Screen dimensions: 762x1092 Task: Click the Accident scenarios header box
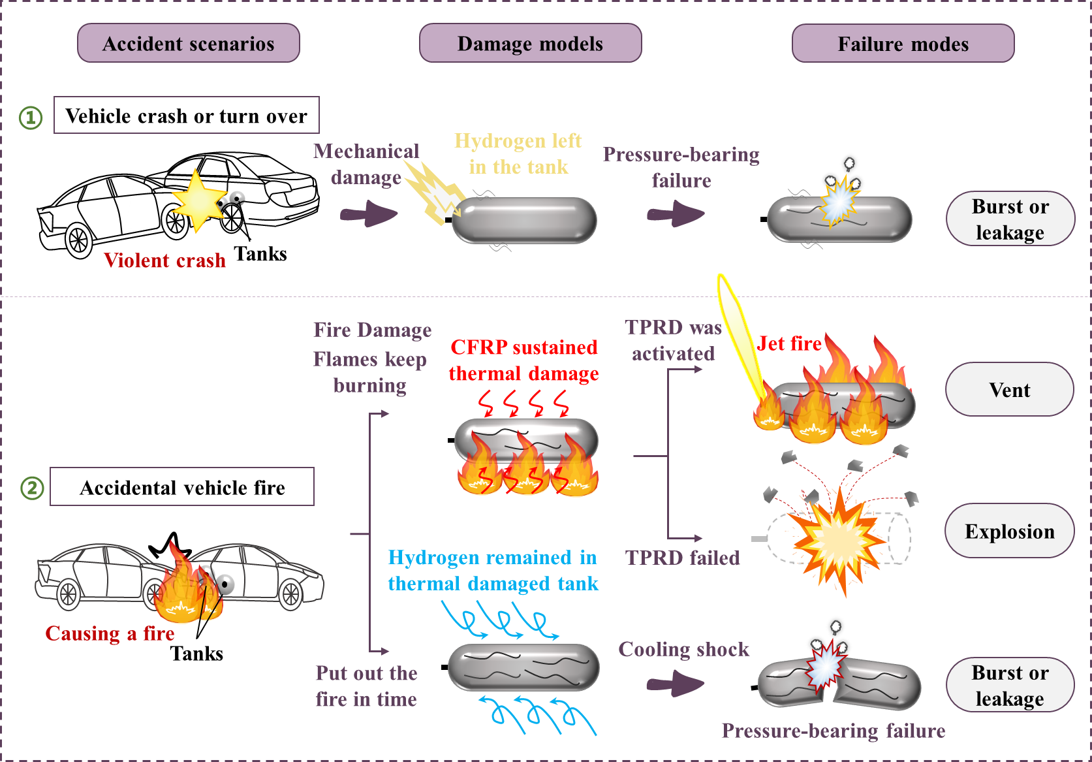(x=189, y=43)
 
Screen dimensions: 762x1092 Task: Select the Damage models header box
(x=530, y=43)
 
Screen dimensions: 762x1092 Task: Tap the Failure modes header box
(x=903, y=44)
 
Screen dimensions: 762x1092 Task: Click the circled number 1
(x=30, y=118)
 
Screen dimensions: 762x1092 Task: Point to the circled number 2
(x=32, y=488)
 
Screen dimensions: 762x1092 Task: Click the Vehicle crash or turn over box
(x=186, y=116)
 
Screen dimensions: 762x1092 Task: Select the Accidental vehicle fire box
(x=182, y=487)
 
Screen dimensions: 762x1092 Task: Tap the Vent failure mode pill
(x=1009, y=390)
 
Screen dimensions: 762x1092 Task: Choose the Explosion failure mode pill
(x=1009, y=531)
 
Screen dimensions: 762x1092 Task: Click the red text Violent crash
(x=164, y=261)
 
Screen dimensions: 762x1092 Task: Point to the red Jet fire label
(x=789, y=343)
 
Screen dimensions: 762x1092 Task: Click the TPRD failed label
(x=682, y=558)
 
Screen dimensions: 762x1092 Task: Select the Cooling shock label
(x=683, y=649)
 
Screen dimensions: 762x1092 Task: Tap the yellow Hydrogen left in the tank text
(x=518, y=153)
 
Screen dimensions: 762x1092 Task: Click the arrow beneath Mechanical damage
(x=369, y=214)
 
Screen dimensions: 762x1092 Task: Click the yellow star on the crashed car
(x=198, y=200)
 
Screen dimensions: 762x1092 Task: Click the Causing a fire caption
(x=110, y=633)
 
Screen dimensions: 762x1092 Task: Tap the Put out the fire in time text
(x=366, y=686)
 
